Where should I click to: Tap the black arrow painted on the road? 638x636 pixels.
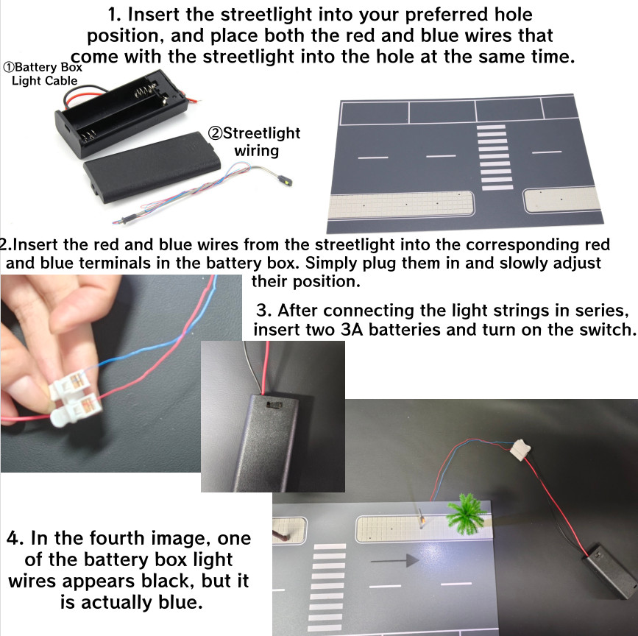click(395, 561)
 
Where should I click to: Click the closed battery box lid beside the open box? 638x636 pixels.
click(152, 168)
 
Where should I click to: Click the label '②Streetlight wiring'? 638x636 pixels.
click(255, 141)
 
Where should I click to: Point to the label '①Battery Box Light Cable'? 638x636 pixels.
click(43, 74)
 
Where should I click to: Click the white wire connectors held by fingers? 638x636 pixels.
click(75, 400)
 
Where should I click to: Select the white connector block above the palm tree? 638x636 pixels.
click(522, 449)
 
